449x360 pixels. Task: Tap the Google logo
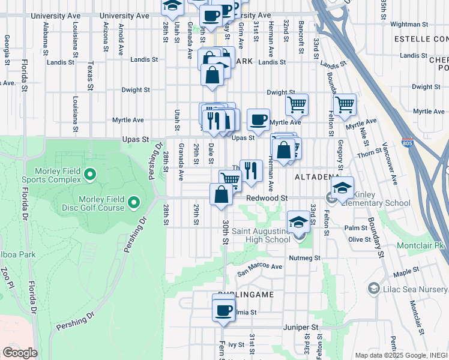tap(20, 353)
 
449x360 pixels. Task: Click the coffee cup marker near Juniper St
tap(223, 310)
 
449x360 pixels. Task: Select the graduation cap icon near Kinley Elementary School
tap(342, 188)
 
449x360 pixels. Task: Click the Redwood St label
tap(268, 198)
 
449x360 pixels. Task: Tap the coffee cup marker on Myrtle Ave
tap(258, 119)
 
